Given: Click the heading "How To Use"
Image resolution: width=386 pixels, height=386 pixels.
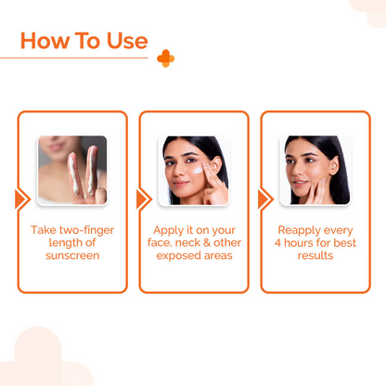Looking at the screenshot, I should coord(84,41).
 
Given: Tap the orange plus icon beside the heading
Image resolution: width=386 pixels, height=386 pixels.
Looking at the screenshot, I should coord(165,58).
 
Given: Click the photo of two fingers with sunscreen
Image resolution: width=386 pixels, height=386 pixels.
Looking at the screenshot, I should coord(72,170).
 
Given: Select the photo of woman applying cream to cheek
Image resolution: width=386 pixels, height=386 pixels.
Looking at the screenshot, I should coord(193,170).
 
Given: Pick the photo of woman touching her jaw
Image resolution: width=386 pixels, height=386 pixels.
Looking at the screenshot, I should coord(315,170).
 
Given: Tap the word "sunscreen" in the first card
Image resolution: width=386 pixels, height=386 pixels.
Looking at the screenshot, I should coord(72,254).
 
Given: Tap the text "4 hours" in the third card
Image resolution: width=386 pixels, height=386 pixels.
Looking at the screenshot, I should coord(290,241).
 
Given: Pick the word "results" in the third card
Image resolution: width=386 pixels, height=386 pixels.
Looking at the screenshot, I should coord(315,254).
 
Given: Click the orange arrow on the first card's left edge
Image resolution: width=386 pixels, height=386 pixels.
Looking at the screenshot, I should coord(21,199).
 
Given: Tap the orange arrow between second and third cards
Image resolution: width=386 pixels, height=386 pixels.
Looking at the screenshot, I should coord(264,199).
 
